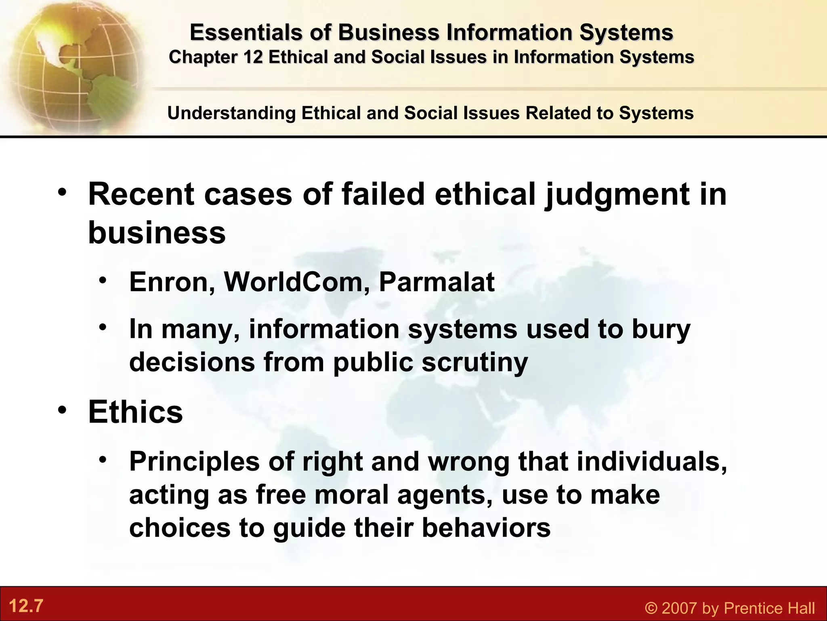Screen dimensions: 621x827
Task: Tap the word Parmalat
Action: click(x=437, y=282)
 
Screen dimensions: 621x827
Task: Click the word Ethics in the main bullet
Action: click(x=135, y=412)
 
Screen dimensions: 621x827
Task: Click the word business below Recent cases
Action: click(x=157, y=233)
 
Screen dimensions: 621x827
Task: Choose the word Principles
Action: click(x=194, y=461)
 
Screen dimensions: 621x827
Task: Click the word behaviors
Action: click(x=486, y=528)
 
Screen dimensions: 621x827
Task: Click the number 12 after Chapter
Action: click(x=253, y=57)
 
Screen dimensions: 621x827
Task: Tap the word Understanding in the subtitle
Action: click(x=231, y=113)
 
